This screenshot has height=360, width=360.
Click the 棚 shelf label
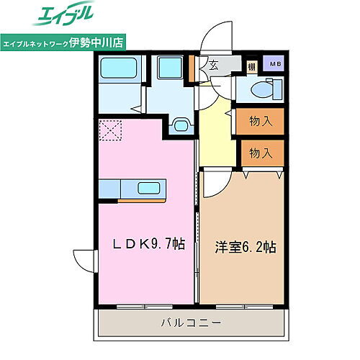(x=252, y=66)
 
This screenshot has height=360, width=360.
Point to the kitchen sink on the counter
(x=150, y=189)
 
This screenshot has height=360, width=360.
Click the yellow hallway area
(x=218, y=133)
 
